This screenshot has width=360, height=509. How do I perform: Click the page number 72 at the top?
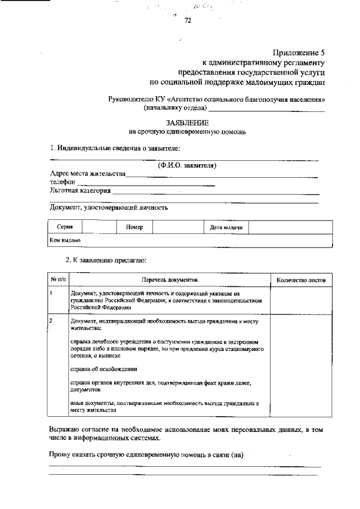tap(188, 21)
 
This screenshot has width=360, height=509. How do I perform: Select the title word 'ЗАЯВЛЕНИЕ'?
tap(187, 123)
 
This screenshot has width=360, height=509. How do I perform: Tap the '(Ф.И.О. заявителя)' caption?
tap(187, 165)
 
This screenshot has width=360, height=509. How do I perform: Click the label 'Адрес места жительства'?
tap(87, 174)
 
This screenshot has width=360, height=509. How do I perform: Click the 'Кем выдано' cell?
tap(65, 240)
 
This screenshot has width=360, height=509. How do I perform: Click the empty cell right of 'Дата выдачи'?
tap(290, 227)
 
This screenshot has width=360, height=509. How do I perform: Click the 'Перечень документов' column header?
tap(170, 280)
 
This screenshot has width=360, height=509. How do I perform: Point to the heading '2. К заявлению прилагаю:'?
tap(106, 260)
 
